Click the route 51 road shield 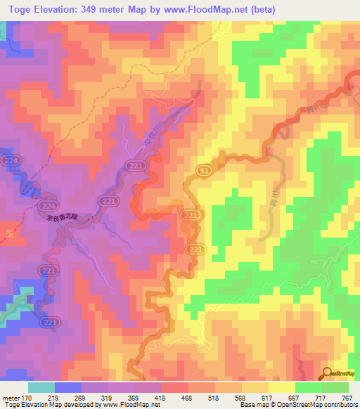tap(203, 171)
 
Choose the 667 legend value tap(286, 398)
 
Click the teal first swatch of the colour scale tap(41, 387)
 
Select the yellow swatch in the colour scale tap(281, 387)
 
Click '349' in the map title tap(89, 9)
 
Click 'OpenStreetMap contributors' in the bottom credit tap(320, 405)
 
